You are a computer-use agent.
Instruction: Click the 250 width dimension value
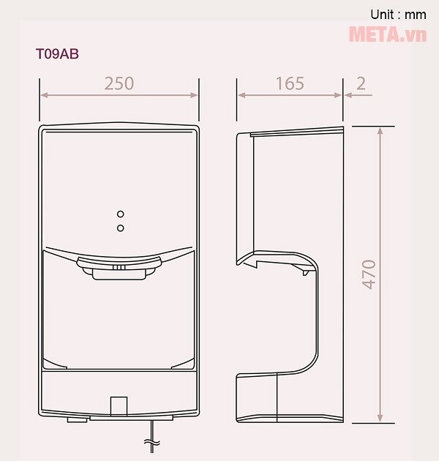tap(119, 83)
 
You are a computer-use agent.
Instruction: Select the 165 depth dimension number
tap(290, 83)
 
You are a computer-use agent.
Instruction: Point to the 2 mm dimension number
tap(361, 83)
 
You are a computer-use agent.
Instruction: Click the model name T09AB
tap(57, 53)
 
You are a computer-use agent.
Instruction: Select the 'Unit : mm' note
tap(398, 14)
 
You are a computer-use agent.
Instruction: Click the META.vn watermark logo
tap(387, 34)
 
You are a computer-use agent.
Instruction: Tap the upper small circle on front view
tap(120, 214)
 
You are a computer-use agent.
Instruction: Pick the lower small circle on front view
tap(120, 228)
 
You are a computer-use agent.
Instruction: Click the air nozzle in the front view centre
tap(119, 269)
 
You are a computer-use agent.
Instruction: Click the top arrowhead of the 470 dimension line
tap(380, 130)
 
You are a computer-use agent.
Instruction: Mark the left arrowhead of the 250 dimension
tap(43, 94)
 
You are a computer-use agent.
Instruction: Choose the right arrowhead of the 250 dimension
tap(195, 94)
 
